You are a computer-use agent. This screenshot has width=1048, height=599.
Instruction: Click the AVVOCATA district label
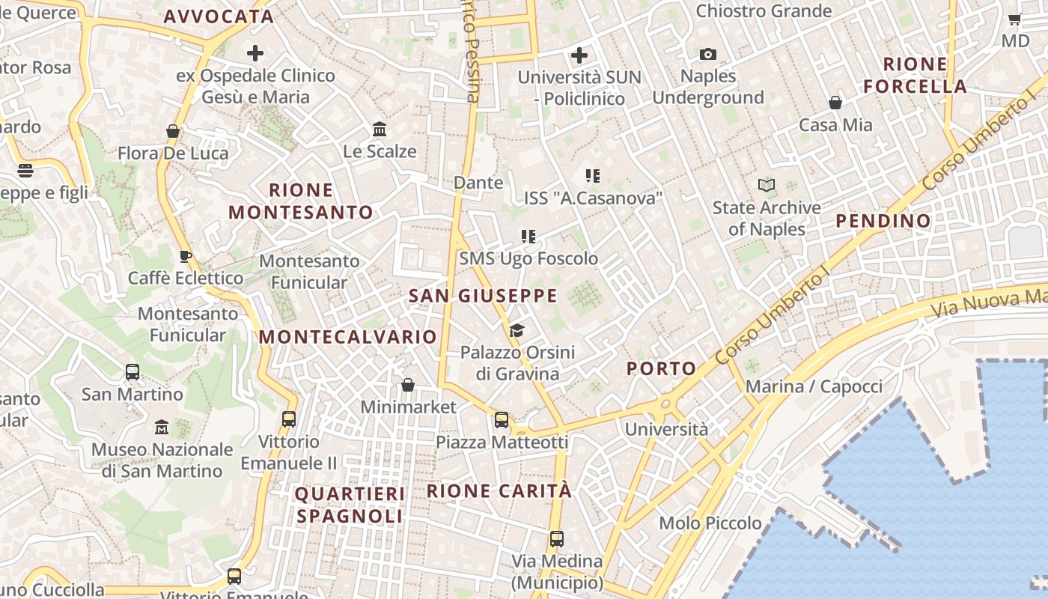(219, 16)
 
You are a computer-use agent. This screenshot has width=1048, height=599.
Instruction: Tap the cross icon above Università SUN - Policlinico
(579, 55)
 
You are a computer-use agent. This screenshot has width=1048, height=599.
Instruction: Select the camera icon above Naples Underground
(707, 54)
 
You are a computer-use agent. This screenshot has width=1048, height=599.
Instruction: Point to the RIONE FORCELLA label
(915, 75)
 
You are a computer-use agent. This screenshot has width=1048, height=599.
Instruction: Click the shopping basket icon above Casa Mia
(835, 103)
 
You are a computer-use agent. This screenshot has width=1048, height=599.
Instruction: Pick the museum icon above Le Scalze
(380, 129)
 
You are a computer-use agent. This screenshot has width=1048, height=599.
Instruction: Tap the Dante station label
(478, 182)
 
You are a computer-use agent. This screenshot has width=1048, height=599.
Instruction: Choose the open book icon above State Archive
(767, 185)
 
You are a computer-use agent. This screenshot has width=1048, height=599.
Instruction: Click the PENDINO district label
(883, 221)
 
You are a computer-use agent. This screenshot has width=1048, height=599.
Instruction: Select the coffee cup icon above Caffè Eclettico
(186, 256)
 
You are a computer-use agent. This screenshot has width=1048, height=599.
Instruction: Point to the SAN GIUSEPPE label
(483, 296)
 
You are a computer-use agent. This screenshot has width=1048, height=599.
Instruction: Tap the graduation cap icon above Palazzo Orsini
(517, 330)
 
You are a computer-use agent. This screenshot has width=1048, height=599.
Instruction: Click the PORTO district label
(661, 368)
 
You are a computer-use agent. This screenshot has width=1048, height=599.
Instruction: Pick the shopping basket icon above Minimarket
(408, 385)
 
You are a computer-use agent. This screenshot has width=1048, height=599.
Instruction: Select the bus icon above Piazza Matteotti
(502, 420)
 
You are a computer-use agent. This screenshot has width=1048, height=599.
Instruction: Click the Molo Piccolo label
(710, 523)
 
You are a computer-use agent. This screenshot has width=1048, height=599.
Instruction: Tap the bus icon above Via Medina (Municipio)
(557, 538)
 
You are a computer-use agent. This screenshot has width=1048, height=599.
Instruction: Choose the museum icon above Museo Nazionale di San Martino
(162, 428)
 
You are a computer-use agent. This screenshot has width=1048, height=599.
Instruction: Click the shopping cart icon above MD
(1015, 19)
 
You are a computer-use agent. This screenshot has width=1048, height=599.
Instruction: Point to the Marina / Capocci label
(814, 386)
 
